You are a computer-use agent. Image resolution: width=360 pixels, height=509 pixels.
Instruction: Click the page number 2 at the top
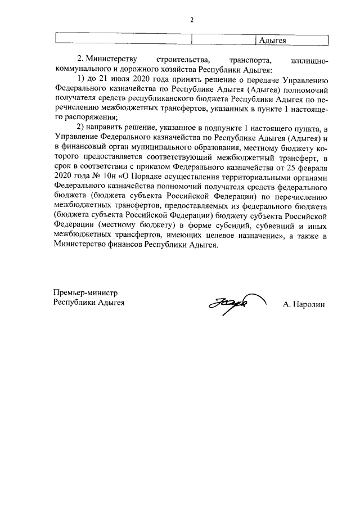point(191,20)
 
